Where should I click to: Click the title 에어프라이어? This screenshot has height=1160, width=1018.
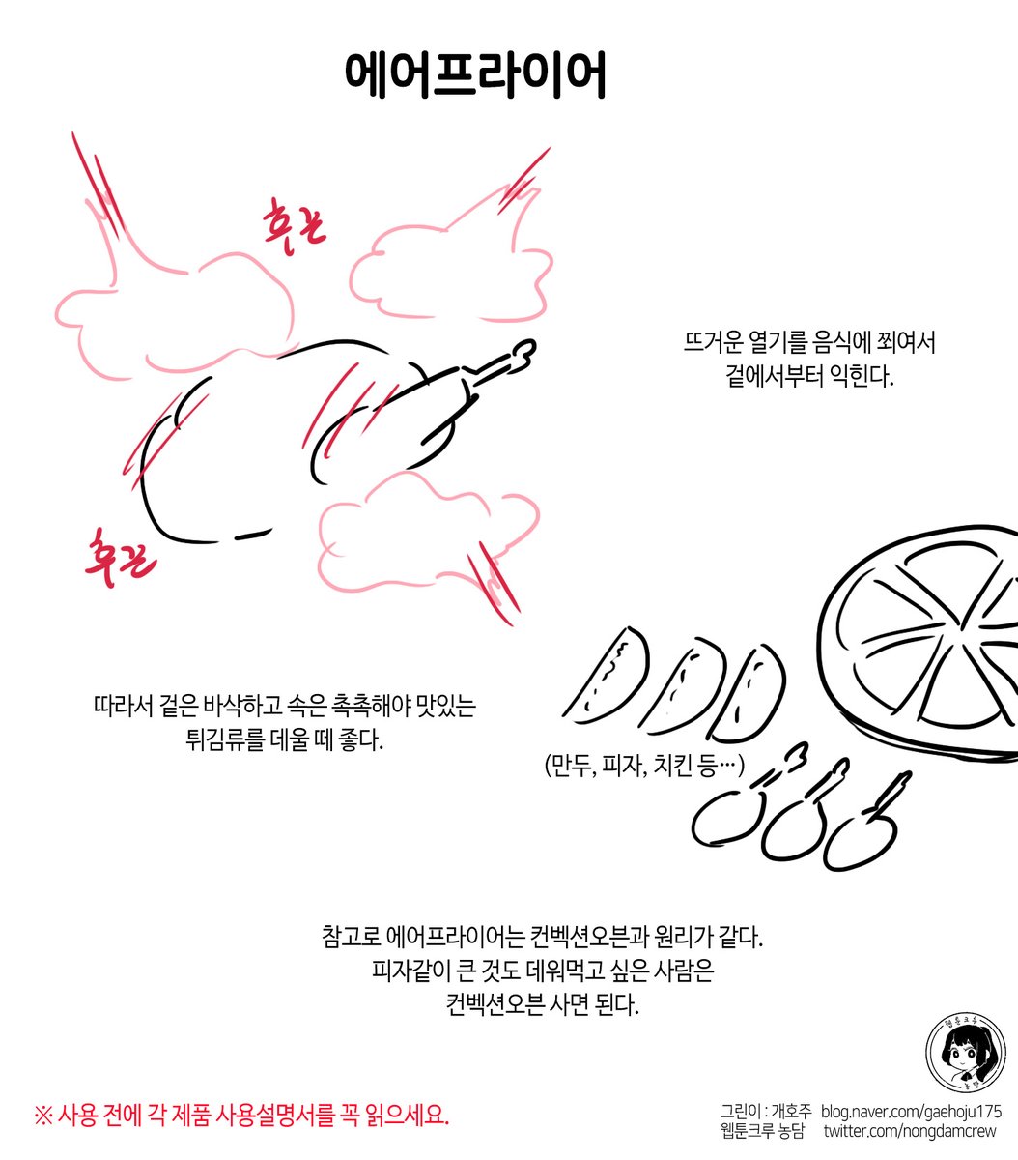[x=475, y=75]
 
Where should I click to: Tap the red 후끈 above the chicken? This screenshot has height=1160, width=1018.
[x=296, y=224]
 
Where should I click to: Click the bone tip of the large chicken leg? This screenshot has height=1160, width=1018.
[x=522, y=354]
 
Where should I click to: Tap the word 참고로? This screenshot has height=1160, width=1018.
[x=350, y=938]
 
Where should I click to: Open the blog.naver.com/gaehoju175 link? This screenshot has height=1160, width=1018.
[x=912, y=1112]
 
